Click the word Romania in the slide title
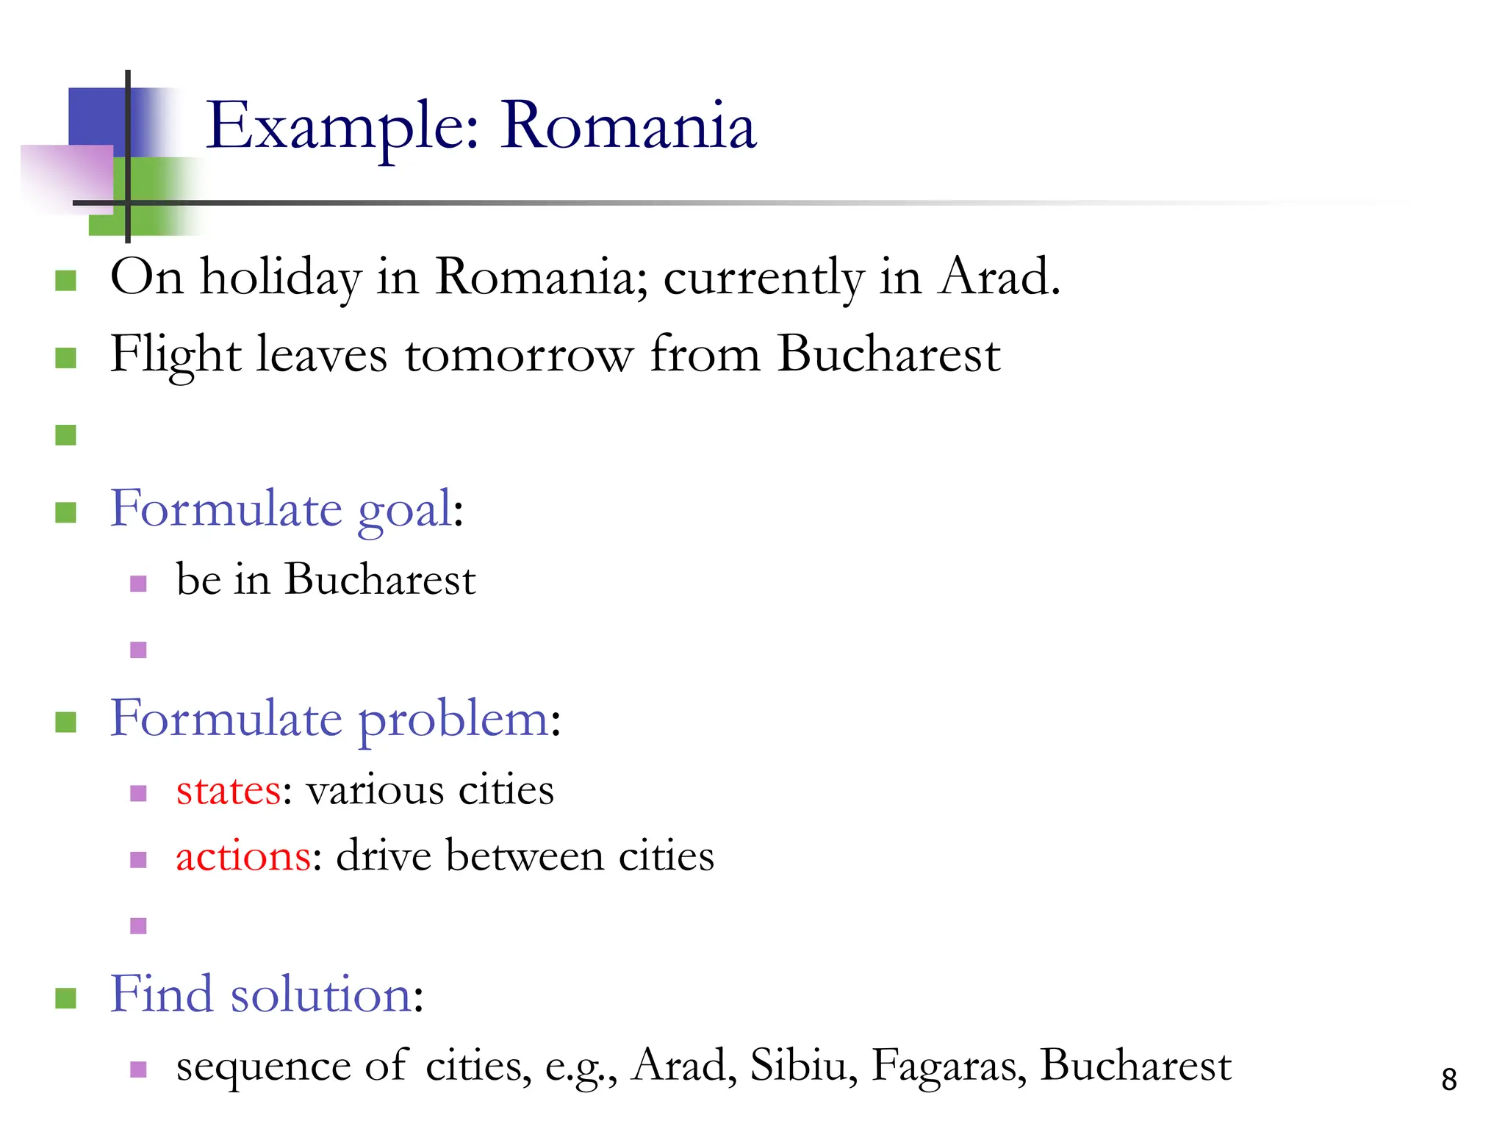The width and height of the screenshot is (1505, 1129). pos(628,126)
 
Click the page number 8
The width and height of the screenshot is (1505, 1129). pos(1448,1079)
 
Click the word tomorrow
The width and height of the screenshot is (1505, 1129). pos(519,355)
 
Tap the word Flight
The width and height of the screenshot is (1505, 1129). pos(175,356)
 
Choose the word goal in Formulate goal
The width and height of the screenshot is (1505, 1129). pos(405,510)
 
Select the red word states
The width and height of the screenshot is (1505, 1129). pos(229,791)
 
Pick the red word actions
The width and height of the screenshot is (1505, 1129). pos(243,857)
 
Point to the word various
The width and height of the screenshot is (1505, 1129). pos(375,791)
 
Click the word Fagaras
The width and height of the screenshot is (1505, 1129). pos(949,1066)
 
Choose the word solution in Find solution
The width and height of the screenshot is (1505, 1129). pos(321,995)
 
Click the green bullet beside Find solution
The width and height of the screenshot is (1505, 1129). pos(66,998)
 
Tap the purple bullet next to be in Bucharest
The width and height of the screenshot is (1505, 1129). pos(138,584)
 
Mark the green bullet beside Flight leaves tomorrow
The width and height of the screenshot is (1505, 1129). pos(66,358)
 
